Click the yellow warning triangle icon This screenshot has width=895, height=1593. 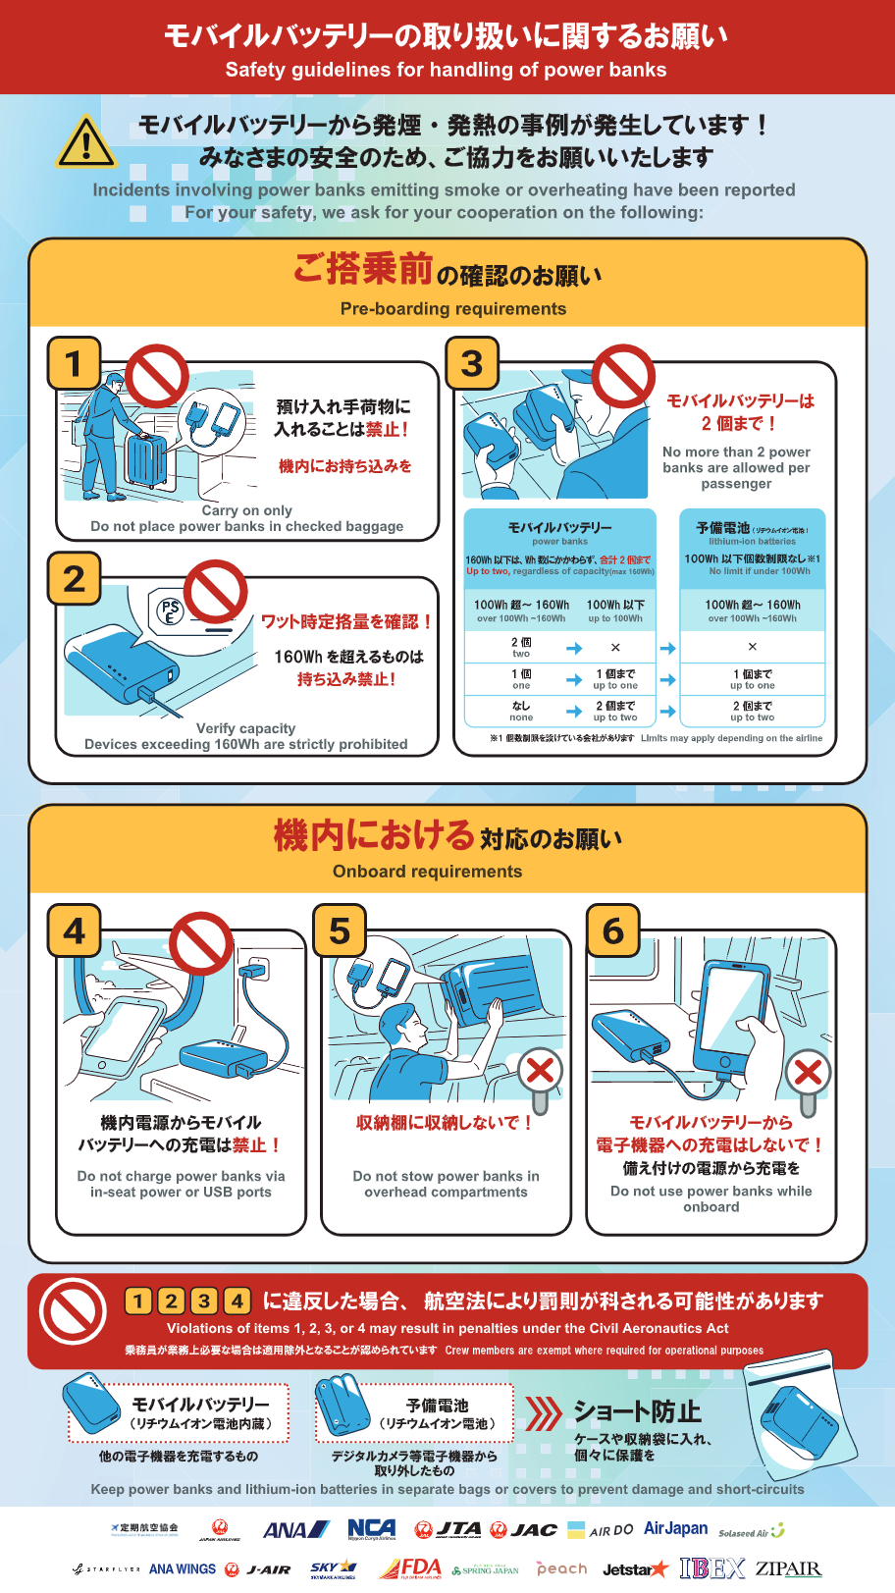click(86, 143)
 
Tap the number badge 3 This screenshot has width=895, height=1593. click(472, 363)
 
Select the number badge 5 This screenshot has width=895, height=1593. click(340, 930)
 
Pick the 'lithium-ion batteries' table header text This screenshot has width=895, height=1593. click(753, 541)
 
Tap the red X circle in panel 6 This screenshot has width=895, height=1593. click(808, 1072)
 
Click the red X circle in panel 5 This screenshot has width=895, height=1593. click(541, 1070)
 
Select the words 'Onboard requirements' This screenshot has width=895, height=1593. click(427, 872)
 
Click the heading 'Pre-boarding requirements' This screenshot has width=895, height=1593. click(452, 308)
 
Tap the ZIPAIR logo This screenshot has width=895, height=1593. click(788, 1568)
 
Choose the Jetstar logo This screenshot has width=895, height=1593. click(634, 1569)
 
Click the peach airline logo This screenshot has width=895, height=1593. click(561, 1568)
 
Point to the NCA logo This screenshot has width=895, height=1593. click(372, 1529)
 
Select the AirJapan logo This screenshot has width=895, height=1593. click(675, 1529)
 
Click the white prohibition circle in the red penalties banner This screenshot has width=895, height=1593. click(73, 1311)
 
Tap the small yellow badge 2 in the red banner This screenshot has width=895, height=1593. click(172, 1301)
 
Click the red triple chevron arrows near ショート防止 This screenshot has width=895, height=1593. click(543, 1413)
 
